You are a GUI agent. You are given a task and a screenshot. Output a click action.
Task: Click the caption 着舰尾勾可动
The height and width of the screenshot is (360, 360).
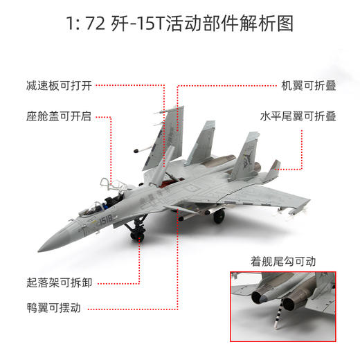282,262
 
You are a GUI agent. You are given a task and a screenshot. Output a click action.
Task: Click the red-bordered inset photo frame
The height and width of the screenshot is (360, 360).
282,305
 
